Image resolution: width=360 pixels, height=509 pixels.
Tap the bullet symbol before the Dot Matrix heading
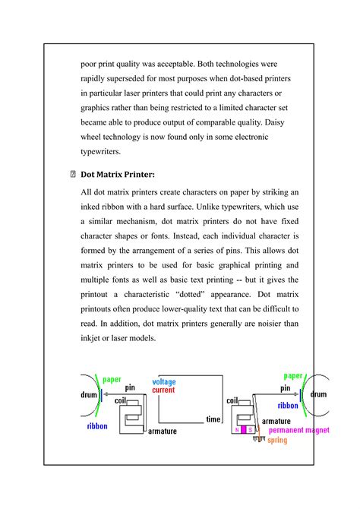[x=72, y=175]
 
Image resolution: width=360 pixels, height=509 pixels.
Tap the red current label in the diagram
[x=163, y=390]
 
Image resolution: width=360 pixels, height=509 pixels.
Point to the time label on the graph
[x=213, y=419]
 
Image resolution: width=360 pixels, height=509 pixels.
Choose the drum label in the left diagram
[x=91, y=395]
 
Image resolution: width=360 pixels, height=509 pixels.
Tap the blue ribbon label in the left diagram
[x=97, y=426]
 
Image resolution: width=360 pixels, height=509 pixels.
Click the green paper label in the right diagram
[x=294, y=375]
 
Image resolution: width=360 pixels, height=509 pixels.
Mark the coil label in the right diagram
[x=232, y=400]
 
